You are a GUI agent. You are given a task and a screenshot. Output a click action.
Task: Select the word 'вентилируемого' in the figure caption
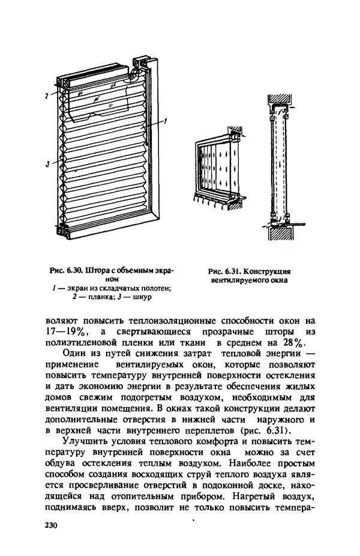240,280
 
